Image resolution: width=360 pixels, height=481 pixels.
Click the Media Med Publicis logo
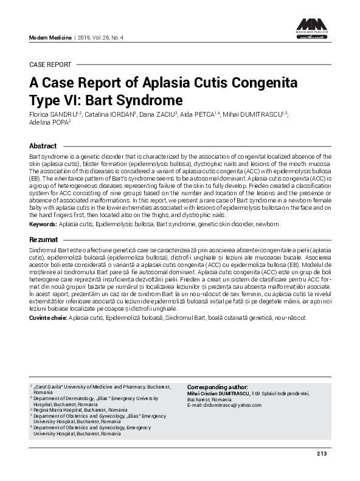tap(313, 28)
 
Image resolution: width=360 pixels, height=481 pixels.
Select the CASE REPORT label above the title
tap(50, 64)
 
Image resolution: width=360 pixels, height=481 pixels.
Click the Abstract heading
tap(43, 146)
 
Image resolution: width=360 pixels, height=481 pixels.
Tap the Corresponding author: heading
tap(217, 387)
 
